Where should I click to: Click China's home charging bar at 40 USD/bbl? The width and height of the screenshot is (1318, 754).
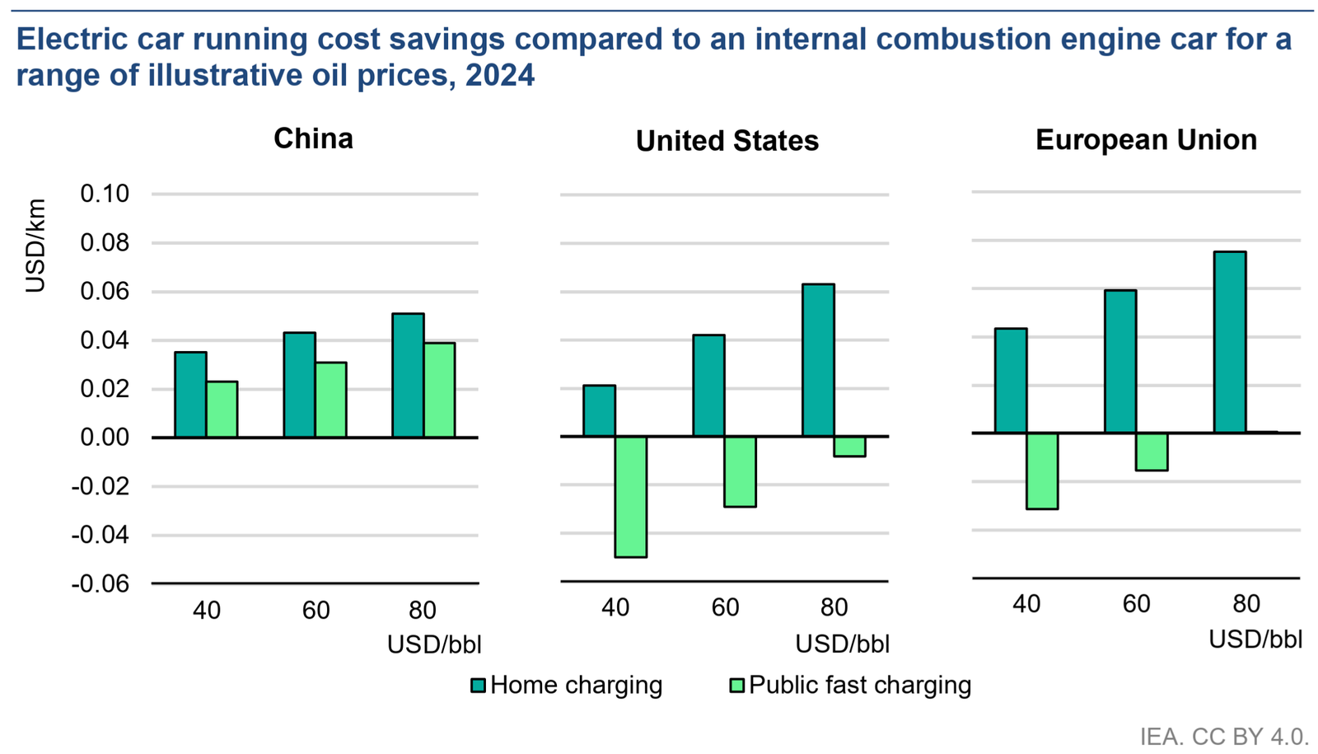pos(190,395)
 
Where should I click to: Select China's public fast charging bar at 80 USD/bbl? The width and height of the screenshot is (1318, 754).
pos(439,390)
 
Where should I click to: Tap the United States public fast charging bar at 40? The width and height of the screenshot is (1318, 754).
pos(631,497)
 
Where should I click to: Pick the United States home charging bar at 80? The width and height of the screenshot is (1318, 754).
pos(818,360)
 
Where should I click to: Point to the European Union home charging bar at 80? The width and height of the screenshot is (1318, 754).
pos(1230,342)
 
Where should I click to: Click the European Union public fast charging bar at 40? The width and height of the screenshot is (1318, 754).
pos(1042,471)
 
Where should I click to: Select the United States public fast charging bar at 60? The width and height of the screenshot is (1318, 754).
pos(741,471)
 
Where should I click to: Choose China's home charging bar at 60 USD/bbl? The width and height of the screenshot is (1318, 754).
pos(299,385)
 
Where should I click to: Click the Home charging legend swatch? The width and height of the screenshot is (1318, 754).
pos(478,686)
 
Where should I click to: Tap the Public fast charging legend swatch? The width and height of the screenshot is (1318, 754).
pos(737,686)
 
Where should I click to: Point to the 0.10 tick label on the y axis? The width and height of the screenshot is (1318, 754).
pos(105,194)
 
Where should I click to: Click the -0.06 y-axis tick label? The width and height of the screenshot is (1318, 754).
pos(100,584)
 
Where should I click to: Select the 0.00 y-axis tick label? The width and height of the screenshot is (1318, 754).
pos(105,438)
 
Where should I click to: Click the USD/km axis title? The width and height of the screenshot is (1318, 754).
pos(35,246)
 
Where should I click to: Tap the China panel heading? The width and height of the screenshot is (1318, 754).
pos(313,138)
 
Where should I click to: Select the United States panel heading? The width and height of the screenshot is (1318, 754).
pos(727,141)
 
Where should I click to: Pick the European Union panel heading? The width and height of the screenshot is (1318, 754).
pos(1146,140)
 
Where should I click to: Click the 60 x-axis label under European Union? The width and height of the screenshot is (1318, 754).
pos(1136,604)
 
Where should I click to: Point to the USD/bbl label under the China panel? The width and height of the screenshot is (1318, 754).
pos(434,644)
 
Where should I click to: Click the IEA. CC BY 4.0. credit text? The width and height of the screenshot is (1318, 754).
pos(1224,736)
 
